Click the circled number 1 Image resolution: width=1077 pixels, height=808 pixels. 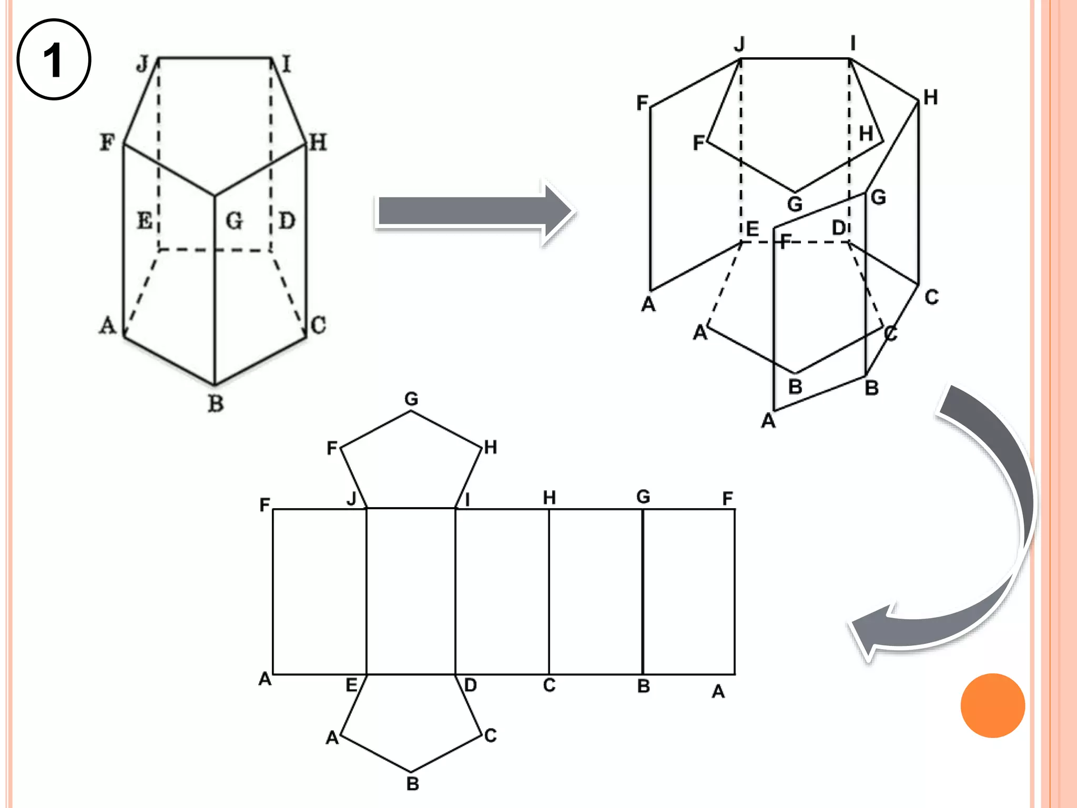(54, 59)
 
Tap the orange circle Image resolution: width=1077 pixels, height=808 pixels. (992, 705)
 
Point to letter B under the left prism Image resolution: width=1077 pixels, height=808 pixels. (216, 404)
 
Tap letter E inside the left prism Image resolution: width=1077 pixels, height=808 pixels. (145, 220)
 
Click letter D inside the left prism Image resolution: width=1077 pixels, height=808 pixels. (287, 220)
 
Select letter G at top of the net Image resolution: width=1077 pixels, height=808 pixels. (411, 399)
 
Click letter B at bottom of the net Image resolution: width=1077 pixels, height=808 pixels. (413, 784)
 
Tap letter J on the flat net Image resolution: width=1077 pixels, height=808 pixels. (352, 498)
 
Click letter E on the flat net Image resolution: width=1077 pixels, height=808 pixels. (351, 685)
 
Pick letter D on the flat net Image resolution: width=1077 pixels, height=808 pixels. (471, 685)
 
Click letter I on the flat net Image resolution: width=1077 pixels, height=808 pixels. (467, 500)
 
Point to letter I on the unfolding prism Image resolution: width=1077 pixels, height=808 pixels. (853, 43)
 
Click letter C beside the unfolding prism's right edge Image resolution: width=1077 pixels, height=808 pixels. (931, 297)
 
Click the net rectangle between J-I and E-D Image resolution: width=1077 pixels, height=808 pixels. (411, 591)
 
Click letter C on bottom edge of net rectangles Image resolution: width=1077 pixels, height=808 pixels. (549, 685)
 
